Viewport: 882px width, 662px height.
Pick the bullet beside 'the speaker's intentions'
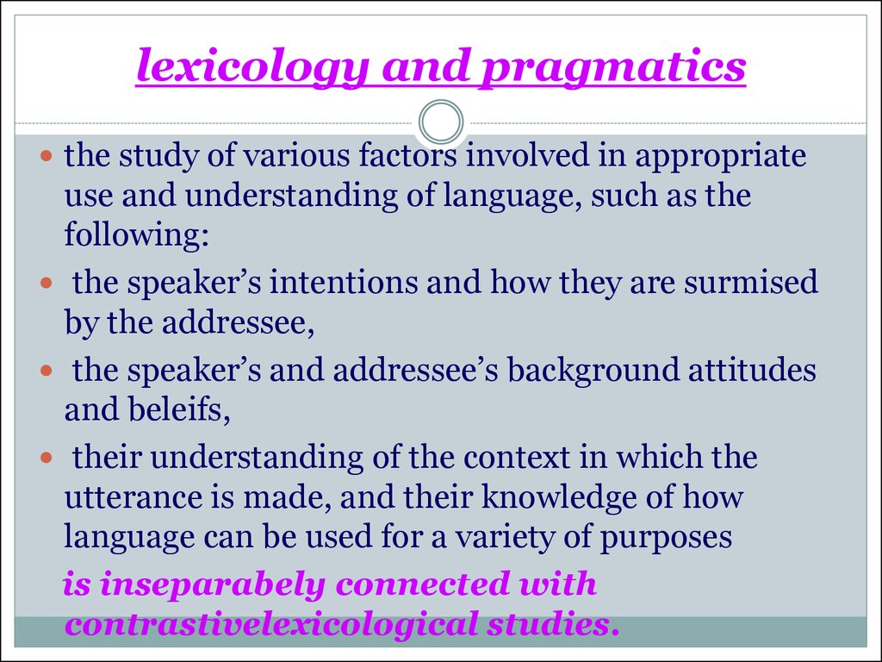47,282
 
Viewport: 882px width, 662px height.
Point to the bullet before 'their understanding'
47,457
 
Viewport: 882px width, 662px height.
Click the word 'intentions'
344,283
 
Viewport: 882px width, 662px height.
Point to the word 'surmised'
751,282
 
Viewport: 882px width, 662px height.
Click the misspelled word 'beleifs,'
147,409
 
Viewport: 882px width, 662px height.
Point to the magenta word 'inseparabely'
212,585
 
